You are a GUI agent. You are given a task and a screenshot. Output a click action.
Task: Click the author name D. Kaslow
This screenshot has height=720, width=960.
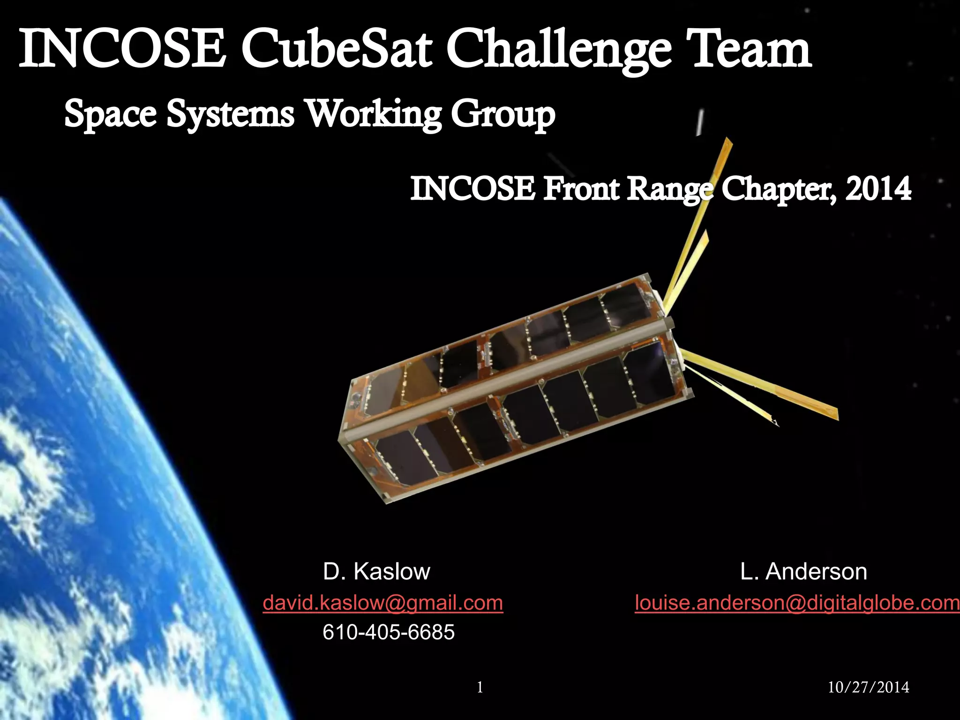coord(376,571)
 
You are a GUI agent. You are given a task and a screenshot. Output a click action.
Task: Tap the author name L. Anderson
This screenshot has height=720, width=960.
coord(803,571)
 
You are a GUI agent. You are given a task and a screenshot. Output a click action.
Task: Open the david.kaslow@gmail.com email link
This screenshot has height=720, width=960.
coord(382,602)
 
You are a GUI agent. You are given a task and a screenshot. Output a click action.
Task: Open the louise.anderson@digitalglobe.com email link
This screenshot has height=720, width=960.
coord(797,602)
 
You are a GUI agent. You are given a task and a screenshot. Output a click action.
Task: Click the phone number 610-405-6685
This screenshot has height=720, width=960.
coord(389,632)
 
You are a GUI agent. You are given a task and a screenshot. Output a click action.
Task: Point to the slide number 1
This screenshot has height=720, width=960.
coord(480,687)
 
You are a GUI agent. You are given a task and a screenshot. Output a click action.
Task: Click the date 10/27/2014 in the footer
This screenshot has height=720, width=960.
coord(868,687)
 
